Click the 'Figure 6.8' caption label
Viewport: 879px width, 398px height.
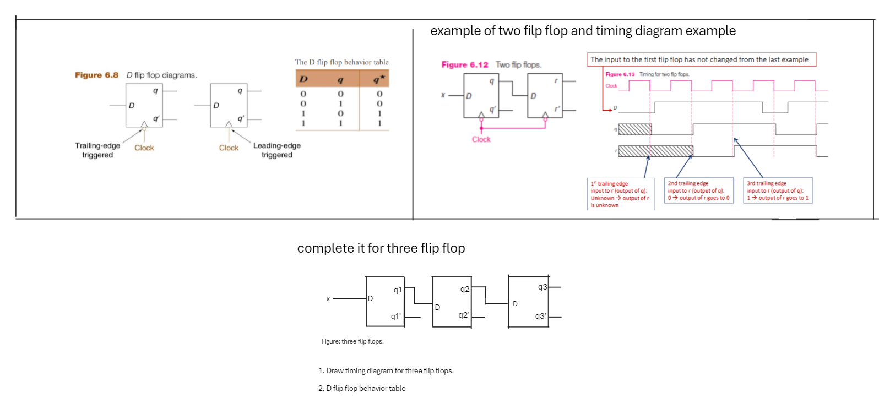(x=97, y=75)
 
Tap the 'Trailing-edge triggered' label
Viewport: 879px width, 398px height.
(x=97, y=150)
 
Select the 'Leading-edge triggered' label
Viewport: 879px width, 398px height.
(x=277, y=150)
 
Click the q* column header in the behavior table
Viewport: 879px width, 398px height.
(x=378, y=79)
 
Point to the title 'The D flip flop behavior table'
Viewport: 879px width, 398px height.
(x=341, y=62)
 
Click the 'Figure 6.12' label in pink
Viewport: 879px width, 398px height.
(x=465, y=64)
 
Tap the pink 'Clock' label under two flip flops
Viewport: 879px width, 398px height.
(x=481, y=139)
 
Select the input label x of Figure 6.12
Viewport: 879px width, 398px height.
(x=443, y=95)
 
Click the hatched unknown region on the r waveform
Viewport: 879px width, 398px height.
(x=655, y=151)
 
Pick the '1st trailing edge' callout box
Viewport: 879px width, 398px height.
(x=620, y=194)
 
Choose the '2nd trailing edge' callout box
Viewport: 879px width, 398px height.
(x=698, y=190)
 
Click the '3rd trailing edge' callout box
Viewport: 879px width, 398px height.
(x=778, y=190)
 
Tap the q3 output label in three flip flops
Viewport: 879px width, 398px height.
(x=542, y=287)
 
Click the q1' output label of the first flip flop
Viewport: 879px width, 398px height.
(x=395, y=317)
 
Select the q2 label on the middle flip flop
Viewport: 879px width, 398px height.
(x=465, y=289)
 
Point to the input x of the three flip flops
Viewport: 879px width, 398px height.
(x=328, y=299)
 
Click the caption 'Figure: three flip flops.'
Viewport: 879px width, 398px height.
(x=352, y=341)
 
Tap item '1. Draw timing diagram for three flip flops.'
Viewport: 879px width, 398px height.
(x=386, y=370)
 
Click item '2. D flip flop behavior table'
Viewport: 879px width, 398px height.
(x=362, y=388)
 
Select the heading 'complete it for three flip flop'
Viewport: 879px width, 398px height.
(x=381, y=248)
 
